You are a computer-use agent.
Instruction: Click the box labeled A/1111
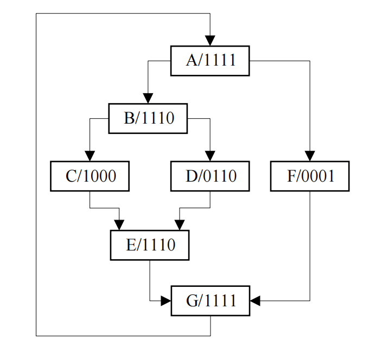[210, 61]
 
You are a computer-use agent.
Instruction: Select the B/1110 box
[148, 118]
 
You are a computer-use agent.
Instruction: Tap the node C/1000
[90, 176]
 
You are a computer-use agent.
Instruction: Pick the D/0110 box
[210, 176]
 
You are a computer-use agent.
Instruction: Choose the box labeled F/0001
[310, 176]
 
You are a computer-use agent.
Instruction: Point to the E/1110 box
[150, 245]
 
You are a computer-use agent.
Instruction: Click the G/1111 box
[211, 300]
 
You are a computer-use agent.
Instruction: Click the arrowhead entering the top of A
[210, 41]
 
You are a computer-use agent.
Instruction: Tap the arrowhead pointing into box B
[148, 98]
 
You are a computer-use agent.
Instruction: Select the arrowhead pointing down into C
[90, 156]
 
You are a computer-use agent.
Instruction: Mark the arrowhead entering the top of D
[210, 156]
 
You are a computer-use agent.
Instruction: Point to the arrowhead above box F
[310, 156]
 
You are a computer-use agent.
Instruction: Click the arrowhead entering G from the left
[166, 300]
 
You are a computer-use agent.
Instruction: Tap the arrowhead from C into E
[119, 225]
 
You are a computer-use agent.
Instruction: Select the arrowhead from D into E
[180, 225]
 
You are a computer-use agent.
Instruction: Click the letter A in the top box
[192, 61]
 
